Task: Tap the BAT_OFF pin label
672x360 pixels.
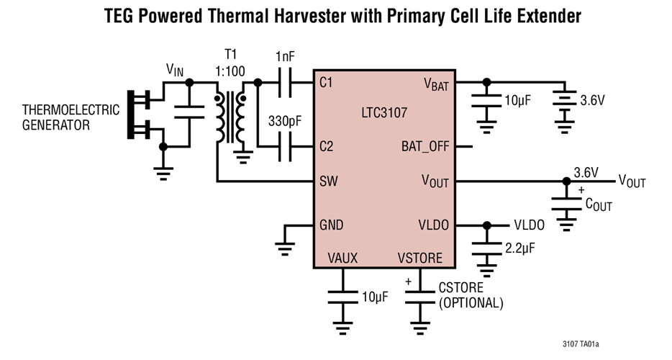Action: pos(425,146)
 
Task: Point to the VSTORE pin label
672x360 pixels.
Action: pos(421,258)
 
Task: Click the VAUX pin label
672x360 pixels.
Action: pos(342,258)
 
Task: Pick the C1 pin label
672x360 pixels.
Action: pos(327,83)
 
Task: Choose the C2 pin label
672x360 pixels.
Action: pos(327,146)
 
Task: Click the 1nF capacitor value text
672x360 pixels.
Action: pos(285,56)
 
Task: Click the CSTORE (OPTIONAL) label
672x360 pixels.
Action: pos(471,295)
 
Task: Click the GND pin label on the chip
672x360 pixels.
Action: pos(331,225)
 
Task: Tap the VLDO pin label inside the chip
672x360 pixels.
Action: pos(433,225)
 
